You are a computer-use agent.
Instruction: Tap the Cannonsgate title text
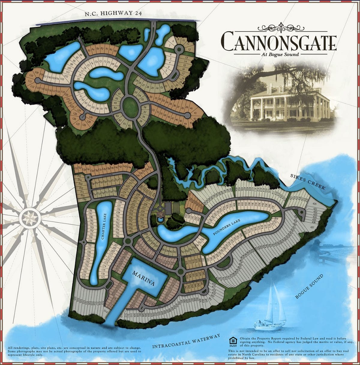[279, 41]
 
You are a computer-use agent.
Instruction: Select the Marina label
[144, 279]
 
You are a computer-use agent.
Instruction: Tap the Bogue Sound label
[309, 286]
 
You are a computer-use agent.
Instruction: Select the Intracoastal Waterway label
[186, 341]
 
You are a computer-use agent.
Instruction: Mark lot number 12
[189, 49]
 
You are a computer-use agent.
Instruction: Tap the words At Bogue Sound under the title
[279, 54]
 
